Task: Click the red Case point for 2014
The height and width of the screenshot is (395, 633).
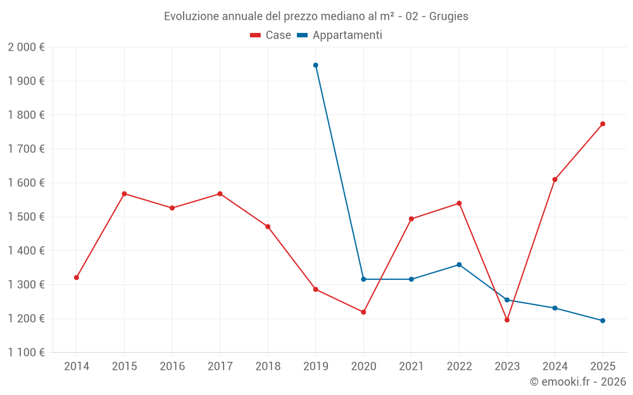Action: (77, 277)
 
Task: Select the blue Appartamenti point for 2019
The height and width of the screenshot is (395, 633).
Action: (315, 65)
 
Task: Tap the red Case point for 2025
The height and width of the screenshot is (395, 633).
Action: (603, 124)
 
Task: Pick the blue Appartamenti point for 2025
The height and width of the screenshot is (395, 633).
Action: (603, 320)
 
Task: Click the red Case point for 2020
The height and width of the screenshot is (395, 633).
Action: (363, 312)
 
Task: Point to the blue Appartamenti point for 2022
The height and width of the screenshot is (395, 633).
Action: (459, 265)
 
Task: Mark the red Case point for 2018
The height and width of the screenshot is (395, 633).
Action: (268, 227)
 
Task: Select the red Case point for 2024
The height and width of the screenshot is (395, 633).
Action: (555, 179)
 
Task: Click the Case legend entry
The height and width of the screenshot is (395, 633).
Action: (270, 35)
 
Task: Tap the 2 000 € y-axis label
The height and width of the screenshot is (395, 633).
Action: (26, 47)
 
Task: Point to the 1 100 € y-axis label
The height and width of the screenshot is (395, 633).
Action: (26, 353)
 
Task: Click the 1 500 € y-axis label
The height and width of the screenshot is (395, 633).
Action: (26, 217)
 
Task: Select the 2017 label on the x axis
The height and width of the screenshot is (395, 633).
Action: (220, 366)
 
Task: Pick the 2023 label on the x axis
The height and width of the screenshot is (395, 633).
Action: (507, 366)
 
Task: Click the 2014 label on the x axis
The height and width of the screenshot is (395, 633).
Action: (77, 366)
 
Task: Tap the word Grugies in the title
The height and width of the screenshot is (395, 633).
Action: (449, 16)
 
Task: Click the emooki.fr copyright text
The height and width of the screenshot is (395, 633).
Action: (577, 382)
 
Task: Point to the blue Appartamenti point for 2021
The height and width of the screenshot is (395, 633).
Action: (411, 279)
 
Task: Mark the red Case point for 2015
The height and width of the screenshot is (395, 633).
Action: (124, 193)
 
